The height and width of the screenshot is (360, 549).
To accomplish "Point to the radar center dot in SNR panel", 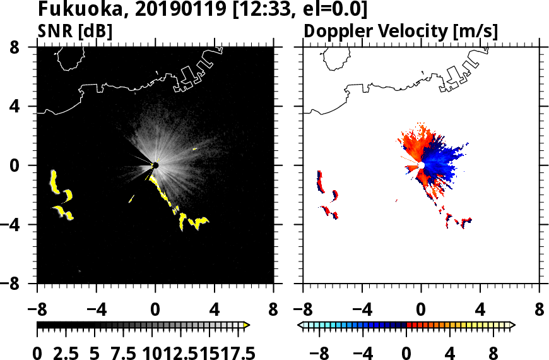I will coord(155,165).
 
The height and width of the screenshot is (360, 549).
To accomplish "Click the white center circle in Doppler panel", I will coord(421,165).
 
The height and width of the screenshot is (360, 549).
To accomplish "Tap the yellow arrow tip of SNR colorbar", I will coord(247,325).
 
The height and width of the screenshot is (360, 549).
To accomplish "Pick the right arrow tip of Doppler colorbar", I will coord(512,325).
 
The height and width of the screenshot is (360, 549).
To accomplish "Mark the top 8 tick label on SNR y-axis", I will coord(24,47).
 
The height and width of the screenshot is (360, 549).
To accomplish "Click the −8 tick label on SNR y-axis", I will coord(19,284).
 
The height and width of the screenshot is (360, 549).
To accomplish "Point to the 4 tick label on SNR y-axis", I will coord(24,107).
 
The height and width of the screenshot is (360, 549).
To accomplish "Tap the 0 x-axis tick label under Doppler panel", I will coord(421,310).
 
